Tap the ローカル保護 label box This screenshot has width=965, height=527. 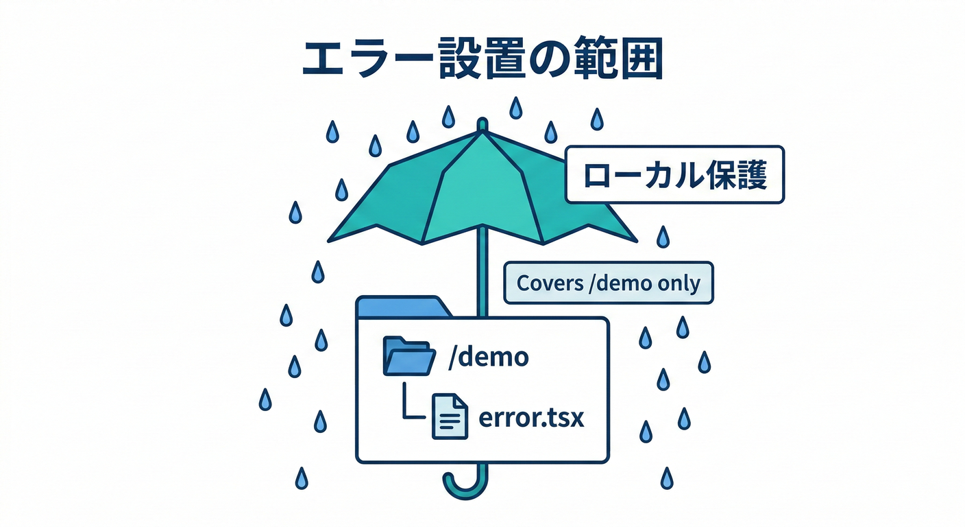[x=674, y=174]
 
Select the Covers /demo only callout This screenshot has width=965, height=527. [x=608, y=283]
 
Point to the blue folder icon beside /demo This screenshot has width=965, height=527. [x=409, y=356]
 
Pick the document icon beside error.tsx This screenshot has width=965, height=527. [x=450, y=417]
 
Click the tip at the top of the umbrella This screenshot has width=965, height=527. [x=483, y=124]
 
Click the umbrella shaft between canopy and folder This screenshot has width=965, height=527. [x=483, y=274]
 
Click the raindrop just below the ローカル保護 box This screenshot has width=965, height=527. [x=662, y=237]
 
